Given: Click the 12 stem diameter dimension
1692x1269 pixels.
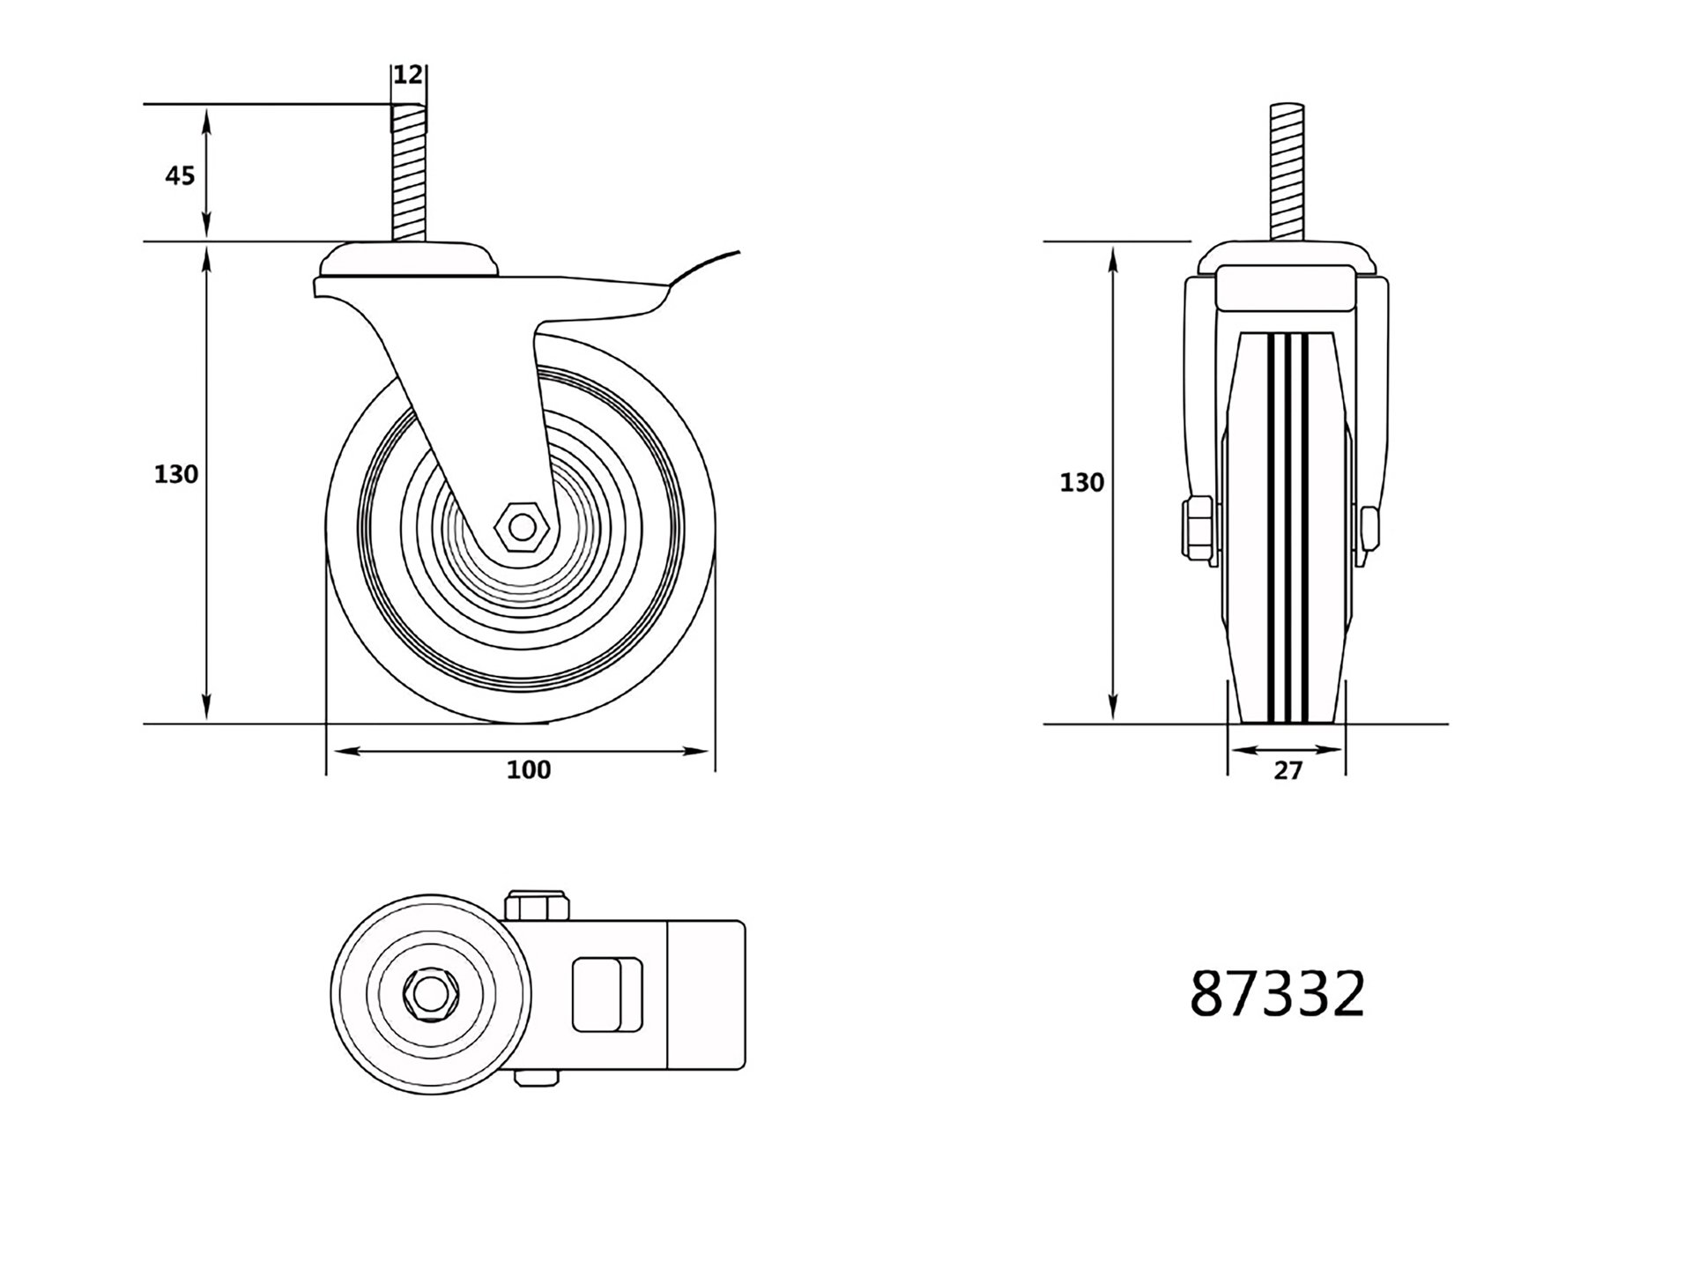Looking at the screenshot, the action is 407,75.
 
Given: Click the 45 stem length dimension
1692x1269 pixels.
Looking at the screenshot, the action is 180,176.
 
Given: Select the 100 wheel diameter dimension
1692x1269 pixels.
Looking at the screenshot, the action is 529,769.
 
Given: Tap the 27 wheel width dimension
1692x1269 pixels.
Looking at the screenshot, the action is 1288,770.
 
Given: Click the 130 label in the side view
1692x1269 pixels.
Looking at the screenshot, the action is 176,474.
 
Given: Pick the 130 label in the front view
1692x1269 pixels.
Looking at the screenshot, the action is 1081,482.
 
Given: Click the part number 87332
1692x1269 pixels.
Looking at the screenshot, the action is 1277,994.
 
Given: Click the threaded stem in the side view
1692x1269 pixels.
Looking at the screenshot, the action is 408,173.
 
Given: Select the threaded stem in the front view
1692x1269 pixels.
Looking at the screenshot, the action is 1288,173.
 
